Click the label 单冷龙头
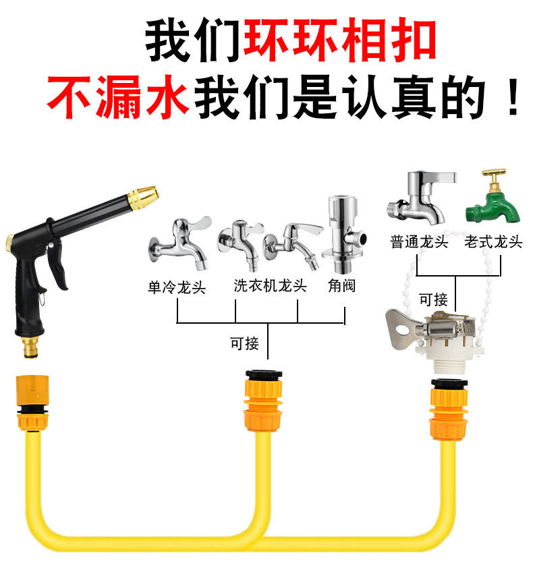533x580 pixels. coord(177,287)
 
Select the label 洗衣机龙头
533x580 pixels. coord(270,285)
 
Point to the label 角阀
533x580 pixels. coord(341,285)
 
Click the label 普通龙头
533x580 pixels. coord(419,242)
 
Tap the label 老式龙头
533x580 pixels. coord(493,242)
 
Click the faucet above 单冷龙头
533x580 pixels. coord(179,243)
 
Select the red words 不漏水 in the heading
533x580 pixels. coord(118,97)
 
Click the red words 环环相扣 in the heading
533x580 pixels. coord(340,40)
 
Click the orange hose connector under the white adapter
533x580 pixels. coord(449,409)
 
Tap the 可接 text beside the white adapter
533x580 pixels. coord(433,299)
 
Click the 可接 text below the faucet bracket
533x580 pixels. coord(244,343)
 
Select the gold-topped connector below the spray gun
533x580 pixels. coord(32,403)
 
